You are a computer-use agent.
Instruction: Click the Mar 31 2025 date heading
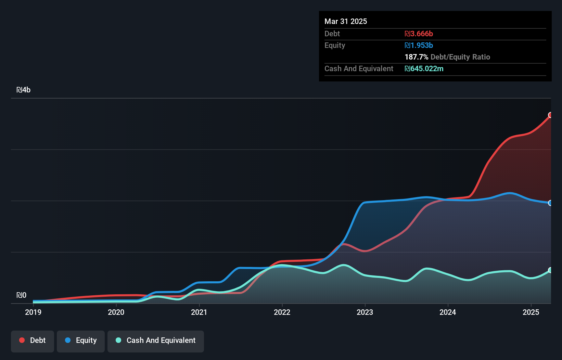click(x=346, y=21)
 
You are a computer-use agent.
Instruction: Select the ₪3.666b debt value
click(x=419, y=34)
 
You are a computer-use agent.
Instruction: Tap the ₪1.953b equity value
click(x=419, y=45)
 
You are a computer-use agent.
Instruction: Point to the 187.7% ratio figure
click(x=416, y=57)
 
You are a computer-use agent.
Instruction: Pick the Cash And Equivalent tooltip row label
click(x=359, y=68)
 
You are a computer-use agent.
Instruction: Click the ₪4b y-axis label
click(x=23, y=90)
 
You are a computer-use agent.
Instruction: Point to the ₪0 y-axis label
click(x=21, y=295)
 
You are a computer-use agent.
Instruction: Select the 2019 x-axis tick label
click(x=33, y=312)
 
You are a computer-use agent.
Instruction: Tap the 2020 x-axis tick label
click(x=116, y=312)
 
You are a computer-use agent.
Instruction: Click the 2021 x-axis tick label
click(x=199, y=312)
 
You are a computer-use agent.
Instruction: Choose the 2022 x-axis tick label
click(x=282, y=312)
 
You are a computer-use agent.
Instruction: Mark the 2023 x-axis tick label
click(x=365, y=312)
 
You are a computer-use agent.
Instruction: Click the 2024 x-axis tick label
click(x=448, y=312)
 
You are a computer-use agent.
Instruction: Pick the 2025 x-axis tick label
click(x=531, y=312)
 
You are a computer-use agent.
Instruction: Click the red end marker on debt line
click(x=550, y=115)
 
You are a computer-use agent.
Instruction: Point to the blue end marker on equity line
click(x=550, y=203)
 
